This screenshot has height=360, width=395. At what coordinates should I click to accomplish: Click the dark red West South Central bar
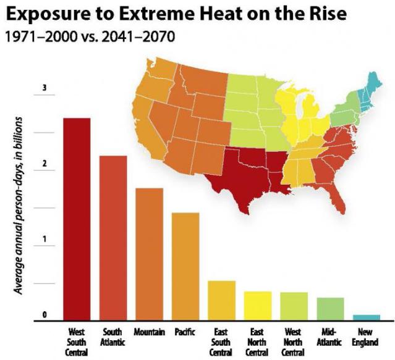[x=77, y=219]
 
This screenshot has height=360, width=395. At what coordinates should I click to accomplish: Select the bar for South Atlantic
[x=113, y=238]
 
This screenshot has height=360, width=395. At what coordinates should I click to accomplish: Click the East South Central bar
[x=221, y=301]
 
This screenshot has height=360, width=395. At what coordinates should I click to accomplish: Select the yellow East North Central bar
[x=257, y=306]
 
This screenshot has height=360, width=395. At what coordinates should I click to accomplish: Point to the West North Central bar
[x=294, y=306]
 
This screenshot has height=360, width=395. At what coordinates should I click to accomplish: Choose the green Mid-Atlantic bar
[x=329, y=309]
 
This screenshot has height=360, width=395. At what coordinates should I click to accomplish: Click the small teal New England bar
[x=366, y=317]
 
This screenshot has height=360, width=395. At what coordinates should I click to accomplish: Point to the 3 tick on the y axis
[x=44, y=88]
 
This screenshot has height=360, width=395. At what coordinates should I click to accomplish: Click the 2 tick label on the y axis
[x=44, y=164]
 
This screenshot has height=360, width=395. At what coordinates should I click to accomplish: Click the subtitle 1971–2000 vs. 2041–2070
[x=90, y=36]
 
